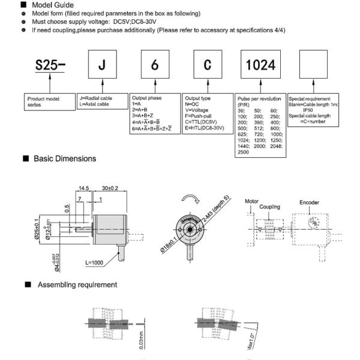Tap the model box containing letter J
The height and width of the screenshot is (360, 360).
(x=101, y=65)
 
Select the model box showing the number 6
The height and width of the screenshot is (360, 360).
(x=154, y=65)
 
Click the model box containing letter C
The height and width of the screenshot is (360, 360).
(x=207, y=65)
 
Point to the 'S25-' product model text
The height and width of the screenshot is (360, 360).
(x=49, y=65)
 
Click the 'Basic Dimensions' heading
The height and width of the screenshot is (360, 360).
(x=64, y=159)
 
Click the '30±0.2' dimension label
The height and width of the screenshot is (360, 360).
(x=110, y=188)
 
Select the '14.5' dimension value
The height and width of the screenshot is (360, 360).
(x=83, y=188)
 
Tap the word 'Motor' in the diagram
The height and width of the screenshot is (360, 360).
(x=251, y=202)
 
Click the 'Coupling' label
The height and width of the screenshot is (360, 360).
(x=270, y=207)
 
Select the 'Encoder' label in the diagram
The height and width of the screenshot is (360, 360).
(x=310, y=203)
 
